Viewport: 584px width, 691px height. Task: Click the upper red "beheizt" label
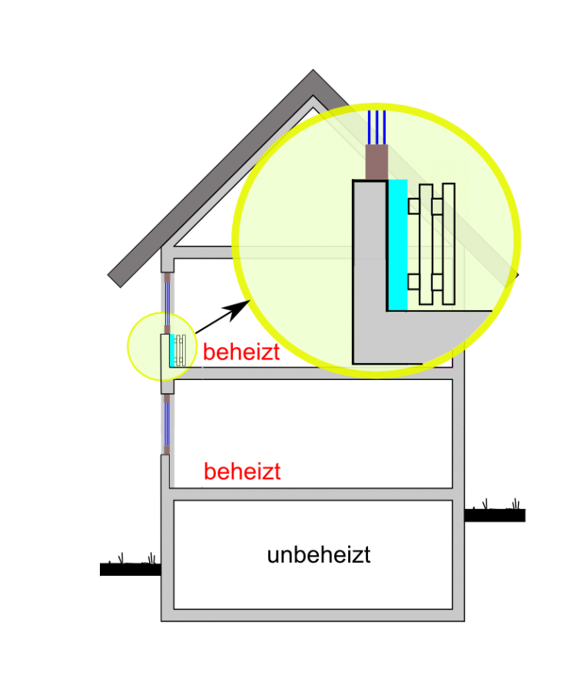[x=241, y=352]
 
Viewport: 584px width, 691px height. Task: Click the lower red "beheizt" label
[x=242, y=471]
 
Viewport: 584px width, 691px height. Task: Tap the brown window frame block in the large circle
[x=376, y=162]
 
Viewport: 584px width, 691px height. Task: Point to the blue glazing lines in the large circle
[x=377, y=127]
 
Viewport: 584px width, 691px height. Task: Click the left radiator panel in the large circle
[x=426, y=244]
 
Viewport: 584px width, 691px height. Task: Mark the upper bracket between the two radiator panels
[x=437, y=207]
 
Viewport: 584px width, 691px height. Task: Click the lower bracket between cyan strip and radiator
[x=413, y=282]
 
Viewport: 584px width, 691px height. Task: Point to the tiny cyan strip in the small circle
[x=171, y=349]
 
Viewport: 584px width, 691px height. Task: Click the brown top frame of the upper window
[x=166, y=277]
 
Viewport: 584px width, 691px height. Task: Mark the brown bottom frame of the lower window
[x=165, y=449]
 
